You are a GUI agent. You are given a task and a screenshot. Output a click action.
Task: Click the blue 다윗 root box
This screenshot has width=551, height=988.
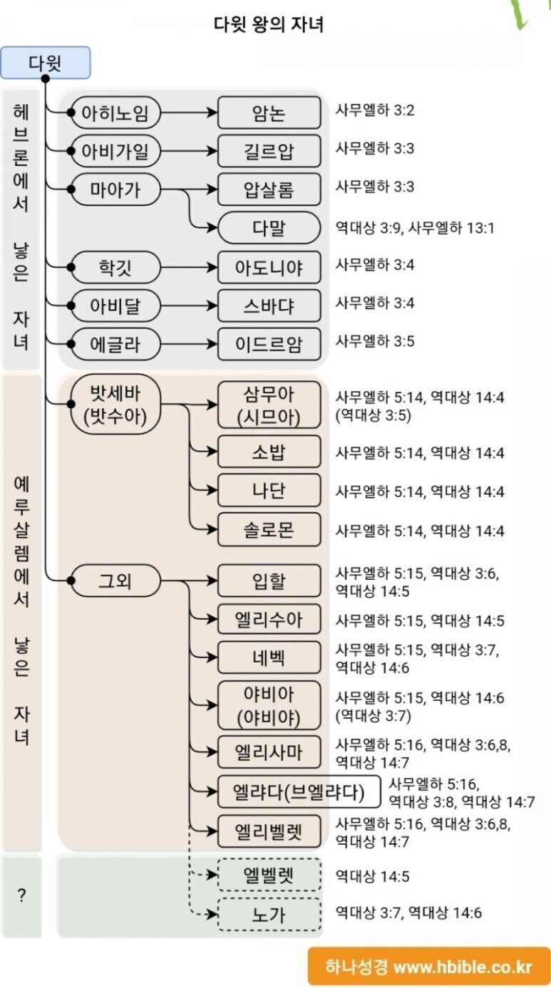point(46,63)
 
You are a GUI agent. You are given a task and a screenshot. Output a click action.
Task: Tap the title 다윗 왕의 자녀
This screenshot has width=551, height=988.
point(269,25)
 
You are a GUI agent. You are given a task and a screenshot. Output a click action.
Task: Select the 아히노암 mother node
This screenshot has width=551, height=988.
point(115,113)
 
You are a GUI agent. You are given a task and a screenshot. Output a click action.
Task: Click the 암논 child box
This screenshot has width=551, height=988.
point(269,113)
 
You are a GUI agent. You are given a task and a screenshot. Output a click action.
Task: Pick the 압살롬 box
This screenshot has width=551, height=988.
point(269,189)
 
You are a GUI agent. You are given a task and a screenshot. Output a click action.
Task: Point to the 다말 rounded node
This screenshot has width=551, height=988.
point(269,228)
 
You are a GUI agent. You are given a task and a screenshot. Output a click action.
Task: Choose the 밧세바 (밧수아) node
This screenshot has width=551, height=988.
point(115,405)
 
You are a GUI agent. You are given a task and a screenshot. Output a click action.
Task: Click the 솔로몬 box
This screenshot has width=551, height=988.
point(269,530)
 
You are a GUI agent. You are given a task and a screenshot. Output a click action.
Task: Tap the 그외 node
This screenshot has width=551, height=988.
point(115,581)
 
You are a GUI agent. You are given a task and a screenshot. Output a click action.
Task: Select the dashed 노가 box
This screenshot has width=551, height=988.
point(269,914)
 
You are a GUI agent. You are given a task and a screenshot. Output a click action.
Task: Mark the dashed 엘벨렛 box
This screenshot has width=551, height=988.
point(269,875)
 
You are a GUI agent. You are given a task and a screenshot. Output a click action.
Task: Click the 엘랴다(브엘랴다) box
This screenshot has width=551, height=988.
point(299,791)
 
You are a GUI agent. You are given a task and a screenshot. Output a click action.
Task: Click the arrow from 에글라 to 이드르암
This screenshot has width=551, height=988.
point(189,344)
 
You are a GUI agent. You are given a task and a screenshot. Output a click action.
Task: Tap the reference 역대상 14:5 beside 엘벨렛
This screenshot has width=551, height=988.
point(372,876)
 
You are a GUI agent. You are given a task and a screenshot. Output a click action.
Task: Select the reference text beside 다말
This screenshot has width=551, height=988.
point(415,229)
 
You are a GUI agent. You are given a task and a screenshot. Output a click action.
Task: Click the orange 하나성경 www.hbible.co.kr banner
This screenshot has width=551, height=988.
point(428,967)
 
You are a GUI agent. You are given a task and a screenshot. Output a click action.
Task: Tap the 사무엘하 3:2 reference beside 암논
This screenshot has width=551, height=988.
point(375,110)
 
